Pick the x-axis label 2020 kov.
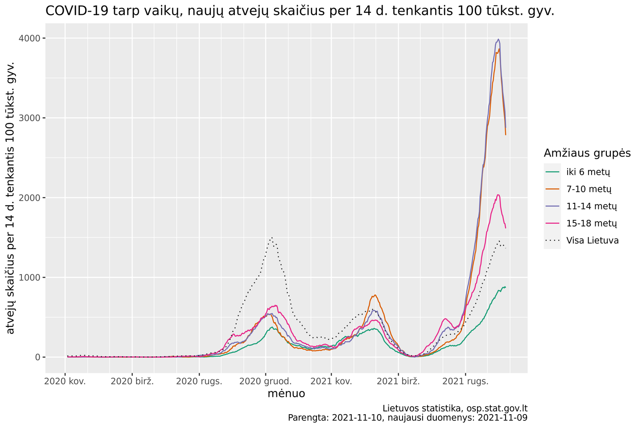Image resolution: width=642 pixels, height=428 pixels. pyautogui.click(x=66, y=381)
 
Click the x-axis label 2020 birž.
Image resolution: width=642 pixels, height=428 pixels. pyautogui.click(x=132, y=381)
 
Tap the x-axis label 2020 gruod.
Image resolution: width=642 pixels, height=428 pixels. pyautogui.click(x=266, y=381)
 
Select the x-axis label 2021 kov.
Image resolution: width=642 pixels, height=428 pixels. pyautogui.click(x=331, y=381)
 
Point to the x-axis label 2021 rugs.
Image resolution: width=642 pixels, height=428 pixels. pyautogui.click(x=465, y=381)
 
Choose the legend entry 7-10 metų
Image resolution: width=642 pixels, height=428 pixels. pyautogui.click(x=588, y=189)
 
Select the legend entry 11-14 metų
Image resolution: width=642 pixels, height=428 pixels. pyautogui.click(x=591, y=206)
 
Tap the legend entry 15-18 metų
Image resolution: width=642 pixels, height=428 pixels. pyautogui.click(x=591, y=223)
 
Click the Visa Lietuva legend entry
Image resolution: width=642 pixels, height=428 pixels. pyautogui.click(x=592, y=241)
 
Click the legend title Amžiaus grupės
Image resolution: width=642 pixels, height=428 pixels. pyautogui.click(x=587, y=153)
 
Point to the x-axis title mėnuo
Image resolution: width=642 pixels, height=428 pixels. pyautogui.click(x=286, y=394)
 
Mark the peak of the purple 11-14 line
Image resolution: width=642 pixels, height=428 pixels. pyautogui.click(x=498, y=39)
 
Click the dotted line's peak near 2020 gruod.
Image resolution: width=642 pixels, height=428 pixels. pyautogui.click(x=271, y=238)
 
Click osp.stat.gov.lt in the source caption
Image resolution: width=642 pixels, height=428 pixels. pyautogui.click(x=494, y=408)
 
